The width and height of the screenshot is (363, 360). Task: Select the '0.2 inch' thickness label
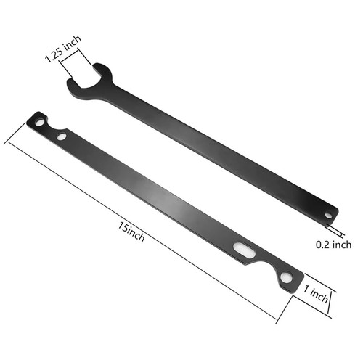click(x=335, y=245)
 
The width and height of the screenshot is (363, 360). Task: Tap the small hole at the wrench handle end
click(x=328, y=215)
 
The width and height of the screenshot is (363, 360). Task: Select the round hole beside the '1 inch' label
click(x=287, y=278)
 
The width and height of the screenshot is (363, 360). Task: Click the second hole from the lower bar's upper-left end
click(x=62, y=136)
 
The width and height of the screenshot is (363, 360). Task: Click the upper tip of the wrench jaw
click(x=99, y=70)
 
